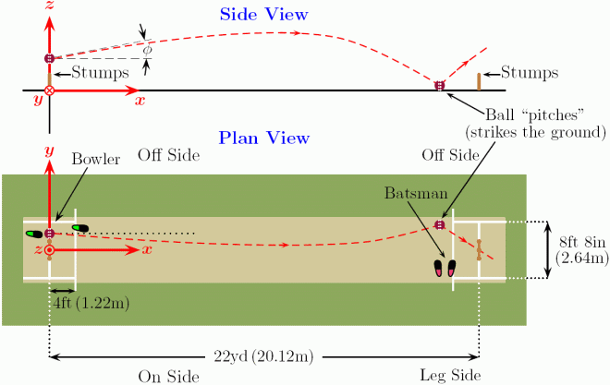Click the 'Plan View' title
263,138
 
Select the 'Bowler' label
99,159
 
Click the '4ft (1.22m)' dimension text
91,301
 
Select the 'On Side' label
169,376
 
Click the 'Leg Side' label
449,376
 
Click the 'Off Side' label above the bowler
167,154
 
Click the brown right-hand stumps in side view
479,81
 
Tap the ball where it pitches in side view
440,86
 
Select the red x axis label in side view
140,101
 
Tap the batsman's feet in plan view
445,269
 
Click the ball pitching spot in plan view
440,224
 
